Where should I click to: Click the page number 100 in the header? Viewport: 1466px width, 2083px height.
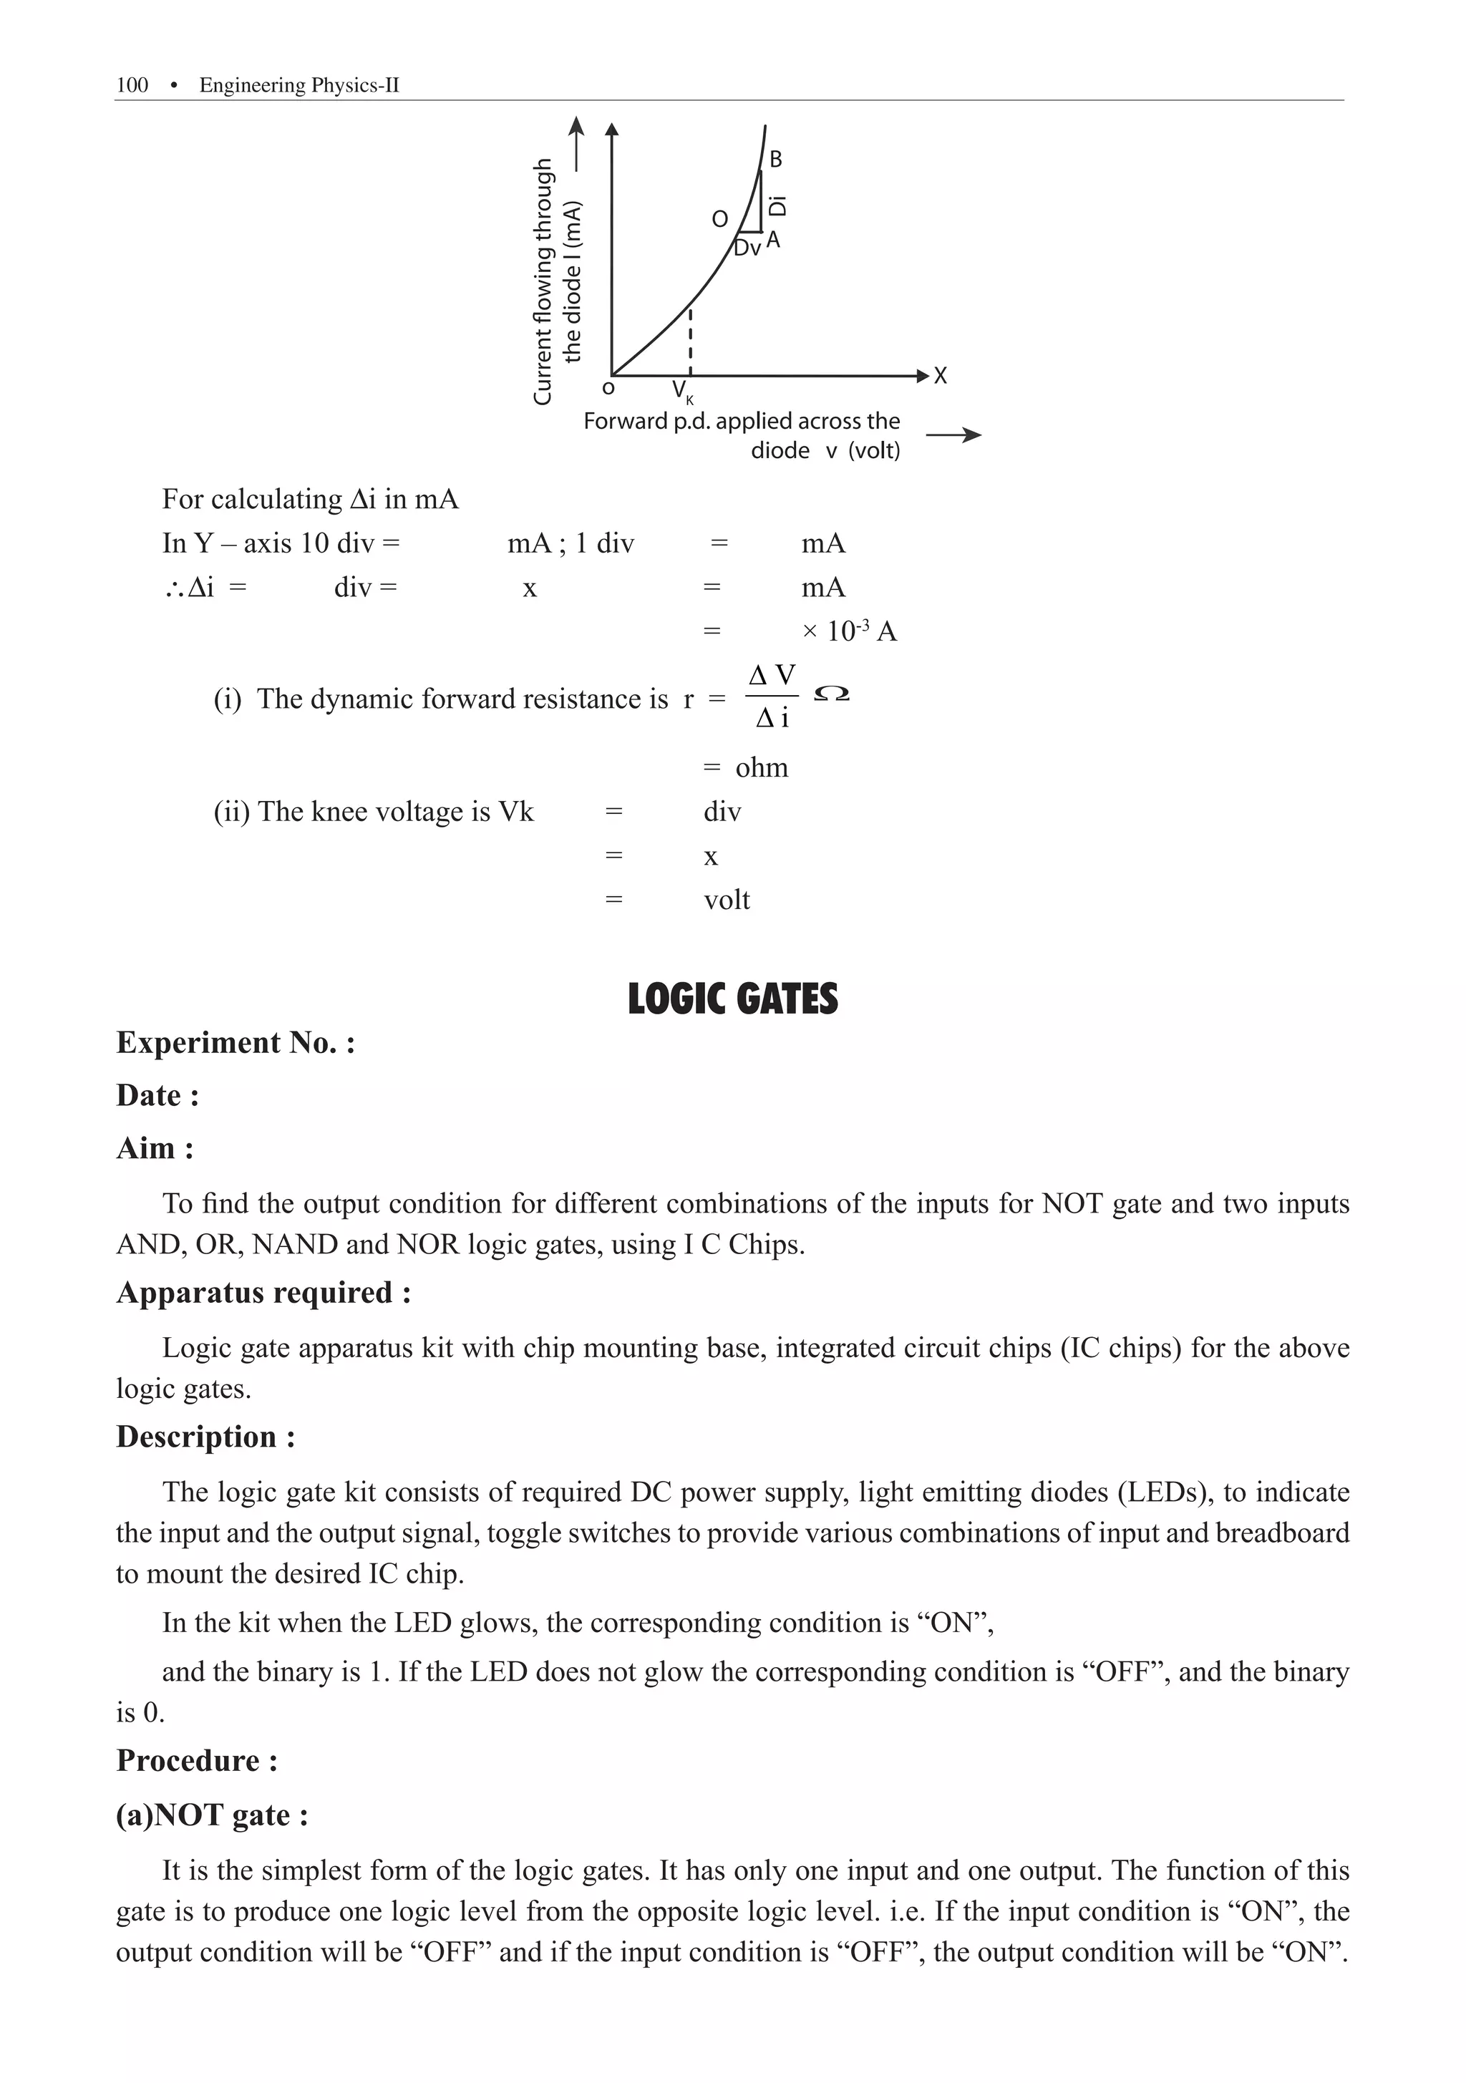point(132,85)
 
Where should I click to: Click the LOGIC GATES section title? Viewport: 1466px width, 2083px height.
point(732,999)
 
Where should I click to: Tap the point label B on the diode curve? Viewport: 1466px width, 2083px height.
point(776,160)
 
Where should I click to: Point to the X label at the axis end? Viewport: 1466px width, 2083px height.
point(941,376)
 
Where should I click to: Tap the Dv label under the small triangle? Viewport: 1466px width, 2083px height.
point(747,248)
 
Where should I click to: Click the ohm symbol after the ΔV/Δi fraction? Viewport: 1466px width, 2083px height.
point(832,695)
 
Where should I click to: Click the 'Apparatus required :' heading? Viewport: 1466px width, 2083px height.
point(264,1293)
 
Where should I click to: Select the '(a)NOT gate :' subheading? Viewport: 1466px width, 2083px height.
point(213,1815)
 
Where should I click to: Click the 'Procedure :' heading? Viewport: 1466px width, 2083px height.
point(197,1761)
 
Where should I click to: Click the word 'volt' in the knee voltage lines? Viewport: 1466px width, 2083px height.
point(727,900)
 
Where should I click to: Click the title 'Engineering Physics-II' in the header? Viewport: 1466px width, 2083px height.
point(299,85)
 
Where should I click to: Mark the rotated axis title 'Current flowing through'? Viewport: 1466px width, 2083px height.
point(543,281)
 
